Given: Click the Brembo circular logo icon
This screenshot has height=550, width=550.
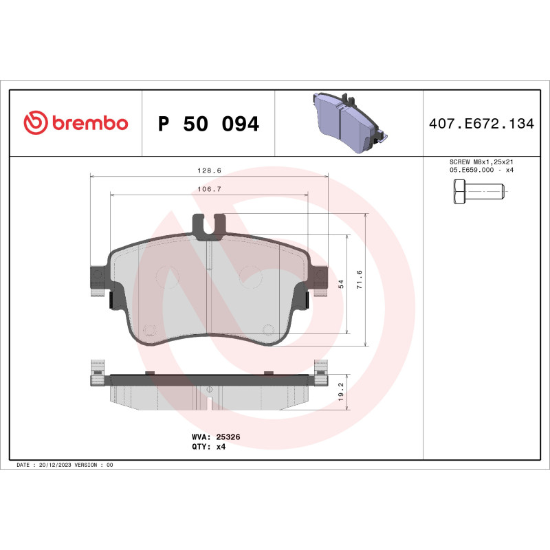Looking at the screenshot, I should (x=36, y=124).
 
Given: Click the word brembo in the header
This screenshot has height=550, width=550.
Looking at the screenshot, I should (x=89, y=124).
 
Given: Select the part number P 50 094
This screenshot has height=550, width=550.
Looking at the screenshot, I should (x=208, y=124).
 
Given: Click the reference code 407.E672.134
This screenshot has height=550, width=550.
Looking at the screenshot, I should (x=481, y=124).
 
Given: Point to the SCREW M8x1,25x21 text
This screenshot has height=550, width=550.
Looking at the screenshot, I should (x=481, y=162).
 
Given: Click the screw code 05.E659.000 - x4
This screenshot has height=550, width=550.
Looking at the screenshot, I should (x=481, y=170).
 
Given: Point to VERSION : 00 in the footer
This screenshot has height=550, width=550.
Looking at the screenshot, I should (x=97, y=465).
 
